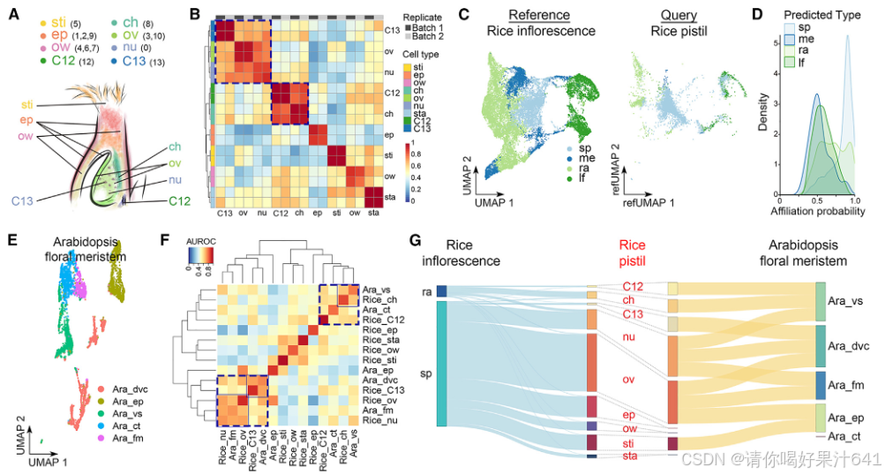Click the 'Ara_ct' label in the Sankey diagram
845,437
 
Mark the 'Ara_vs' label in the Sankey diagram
847,301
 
